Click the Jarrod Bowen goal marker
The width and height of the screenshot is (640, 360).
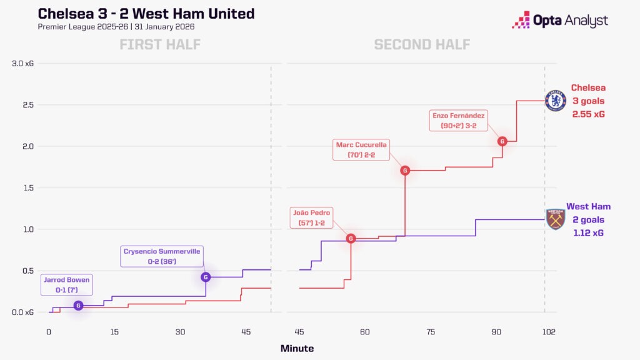[x=78, y=306]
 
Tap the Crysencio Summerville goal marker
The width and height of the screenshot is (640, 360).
[x=206, y=277]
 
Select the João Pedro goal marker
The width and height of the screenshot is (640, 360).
[x=351, y=238]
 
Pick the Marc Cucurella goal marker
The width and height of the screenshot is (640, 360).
[x=405, y=170]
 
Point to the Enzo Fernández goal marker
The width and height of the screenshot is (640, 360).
[x=502, y=141]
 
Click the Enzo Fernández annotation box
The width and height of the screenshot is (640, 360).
[x=458, y=121]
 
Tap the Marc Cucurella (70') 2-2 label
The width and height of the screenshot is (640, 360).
[x=362, y=150]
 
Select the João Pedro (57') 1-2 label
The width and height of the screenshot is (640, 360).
[x=312, y=217]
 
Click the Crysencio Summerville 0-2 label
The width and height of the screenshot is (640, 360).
[x=161, y=256]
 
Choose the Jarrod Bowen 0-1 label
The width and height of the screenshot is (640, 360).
[x=66, y=284]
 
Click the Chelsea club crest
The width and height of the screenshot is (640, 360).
[x=555, y=101]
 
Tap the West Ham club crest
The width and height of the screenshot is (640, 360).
[x=555, y=219]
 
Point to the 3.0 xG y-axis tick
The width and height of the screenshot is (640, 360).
[x=24, y=64]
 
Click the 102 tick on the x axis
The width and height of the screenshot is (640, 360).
[x=549, y=332]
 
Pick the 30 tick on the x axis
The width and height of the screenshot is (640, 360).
[x=181, y=332]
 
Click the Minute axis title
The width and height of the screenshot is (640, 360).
[x=297, y=349]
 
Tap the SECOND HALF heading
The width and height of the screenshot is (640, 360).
[x=422, y=44]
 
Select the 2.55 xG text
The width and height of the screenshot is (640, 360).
[x=587, y=114]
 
